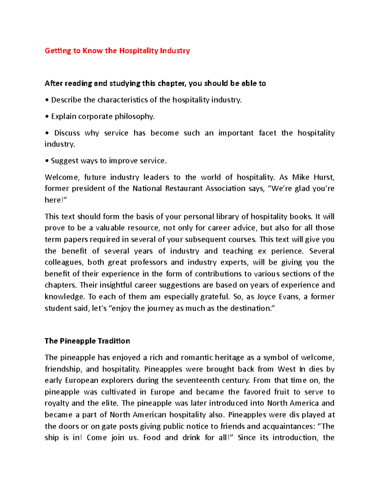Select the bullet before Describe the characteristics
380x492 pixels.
pyautogui.click(x=47, y=100)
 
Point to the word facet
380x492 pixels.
pyautogui.click(x=268, y=133)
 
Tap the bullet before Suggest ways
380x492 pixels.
pyautogui.click(x=47, y=161)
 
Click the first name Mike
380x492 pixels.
pyautogui.click(x=301, y=177)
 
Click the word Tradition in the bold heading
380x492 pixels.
pyautogui.click(x=114, y=341)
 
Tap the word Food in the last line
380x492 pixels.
pyautogui.click(x=152, y=438)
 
